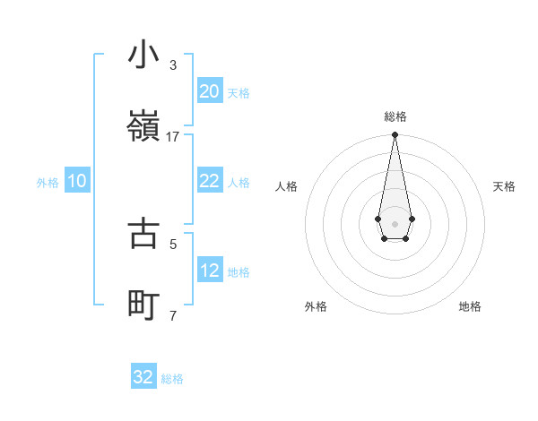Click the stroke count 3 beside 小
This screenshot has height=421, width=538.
tap(173, 65)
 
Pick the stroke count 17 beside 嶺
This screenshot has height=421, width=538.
tap(173, 136)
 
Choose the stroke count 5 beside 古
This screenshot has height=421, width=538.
tap(173, 243)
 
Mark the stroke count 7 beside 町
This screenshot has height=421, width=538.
tap(173, 314)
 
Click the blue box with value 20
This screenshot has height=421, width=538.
tap(209, 91)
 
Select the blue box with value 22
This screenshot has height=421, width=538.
tap(209, 181)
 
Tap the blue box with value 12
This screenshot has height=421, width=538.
tap(209, 271)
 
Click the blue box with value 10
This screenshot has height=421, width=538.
tap(77, 181)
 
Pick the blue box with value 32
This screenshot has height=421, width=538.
tap(143, 377)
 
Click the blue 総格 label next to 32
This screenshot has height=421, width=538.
tap(172, 379)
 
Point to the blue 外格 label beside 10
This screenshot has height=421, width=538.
tap(48, 183)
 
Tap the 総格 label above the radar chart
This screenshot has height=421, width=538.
tap(395, 116)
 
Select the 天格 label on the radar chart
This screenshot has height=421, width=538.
tap(504, 186)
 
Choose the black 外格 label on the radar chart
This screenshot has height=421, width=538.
tap(316, 306)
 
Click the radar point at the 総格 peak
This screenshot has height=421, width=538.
tap(395, 135)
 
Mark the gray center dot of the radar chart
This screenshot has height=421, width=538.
tap(395, 222)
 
